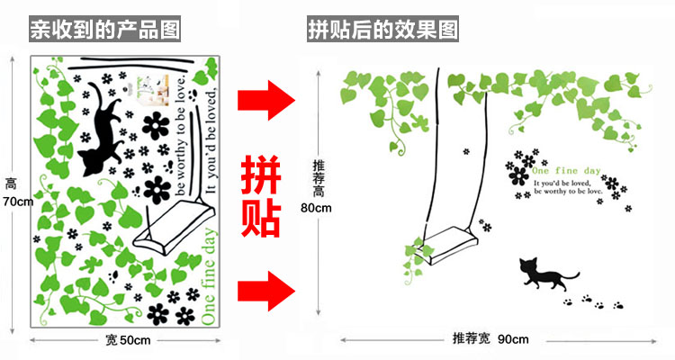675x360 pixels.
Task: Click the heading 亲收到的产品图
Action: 104,29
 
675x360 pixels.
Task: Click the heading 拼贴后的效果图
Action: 382,29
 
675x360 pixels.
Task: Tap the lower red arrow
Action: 265,291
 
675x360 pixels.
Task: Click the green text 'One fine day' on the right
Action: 566,170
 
